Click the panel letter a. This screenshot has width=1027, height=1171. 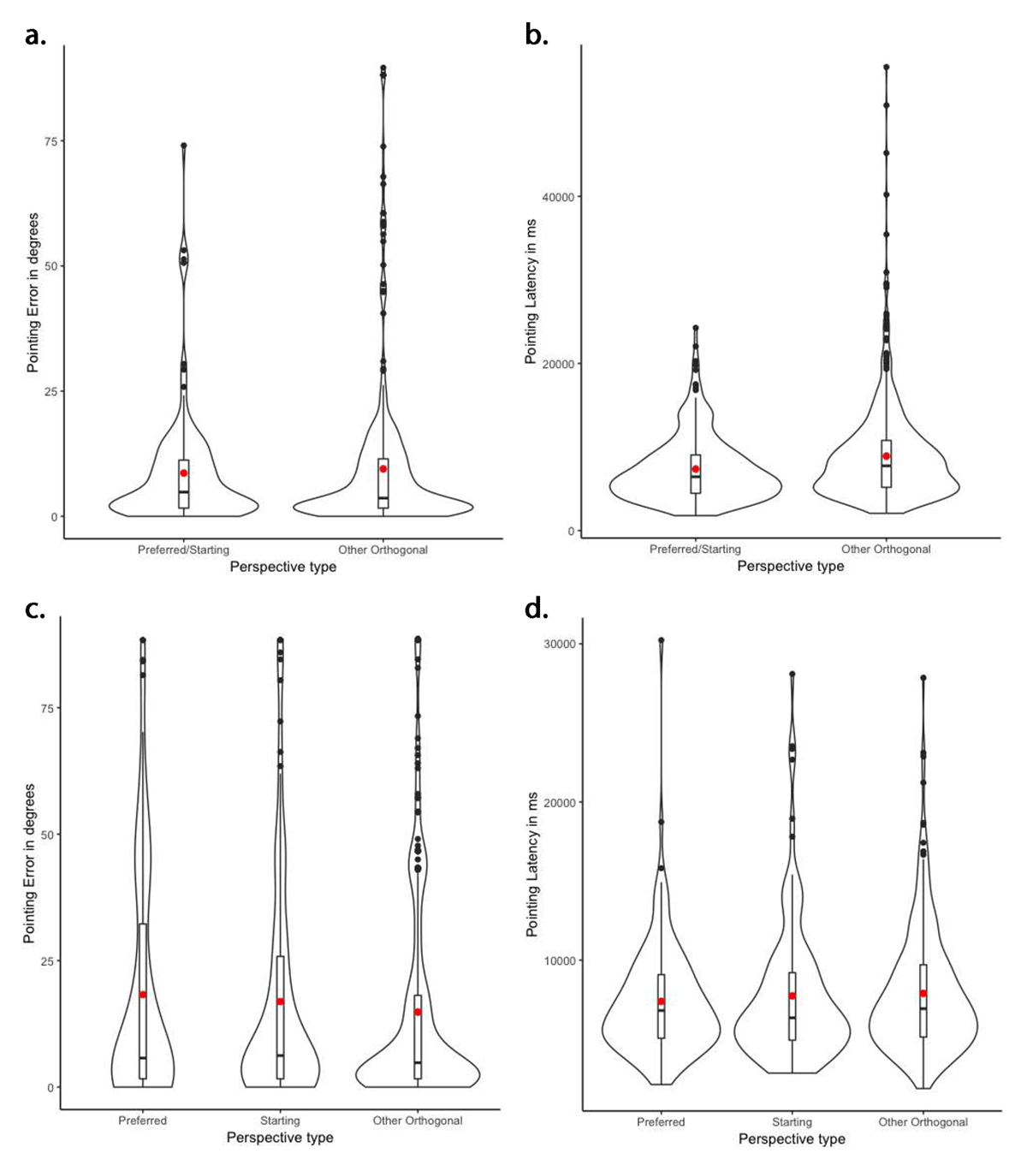36,35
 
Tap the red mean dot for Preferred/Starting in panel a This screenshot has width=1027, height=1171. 183,473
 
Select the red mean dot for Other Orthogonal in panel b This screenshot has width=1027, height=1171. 886,456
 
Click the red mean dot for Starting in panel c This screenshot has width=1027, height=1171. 280,1002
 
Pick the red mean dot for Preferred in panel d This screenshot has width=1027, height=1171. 661,1002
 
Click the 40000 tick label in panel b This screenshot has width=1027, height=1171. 557,197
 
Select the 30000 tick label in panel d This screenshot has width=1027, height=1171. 557,644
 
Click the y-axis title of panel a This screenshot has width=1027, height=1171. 33,294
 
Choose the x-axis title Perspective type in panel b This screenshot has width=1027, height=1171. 790,566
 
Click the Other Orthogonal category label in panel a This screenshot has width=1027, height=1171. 383,550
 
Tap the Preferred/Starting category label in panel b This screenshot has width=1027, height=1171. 695,549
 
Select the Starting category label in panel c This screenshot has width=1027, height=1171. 280,1120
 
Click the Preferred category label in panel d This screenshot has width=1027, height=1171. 661,1121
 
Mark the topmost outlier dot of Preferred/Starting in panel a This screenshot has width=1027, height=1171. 183,146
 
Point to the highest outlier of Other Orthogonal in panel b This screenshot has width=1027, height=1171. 886,67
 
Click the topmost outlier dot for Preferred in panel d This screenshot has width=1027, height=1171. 661,640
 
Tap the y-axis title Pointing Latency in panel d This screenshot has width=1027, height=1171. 531,874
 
